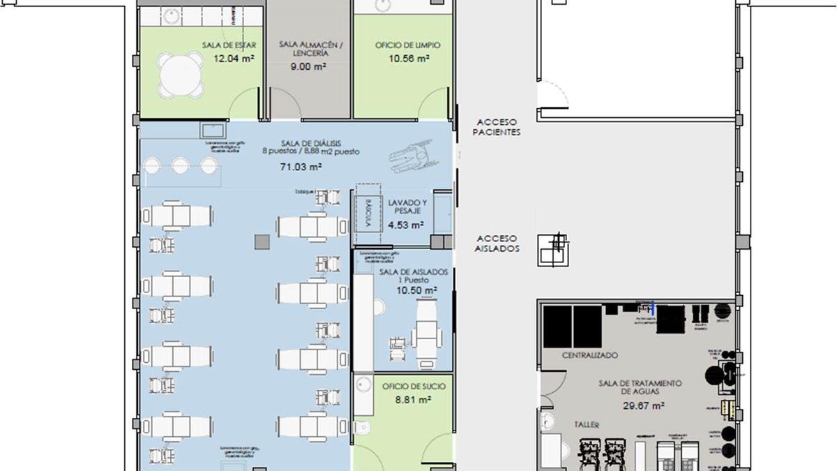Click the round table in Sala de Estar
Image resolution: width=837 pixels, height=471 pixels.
pos(181,75)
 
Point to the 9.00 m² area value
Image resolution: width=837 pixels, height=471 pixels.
pos(309,67)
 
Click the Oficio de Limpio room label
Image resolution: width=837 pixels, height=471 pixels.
pos(407,45)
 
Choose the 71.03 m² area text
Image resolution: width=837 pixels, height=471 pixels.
pos(301,167)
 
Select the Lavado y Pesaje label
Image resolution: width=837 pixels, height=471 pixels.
pos(407,206)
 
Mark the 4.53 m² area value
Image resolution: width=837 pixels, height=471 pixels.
pos(407,225)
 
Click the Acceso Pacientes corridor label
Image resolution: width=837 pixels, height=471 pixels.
pos(496,126)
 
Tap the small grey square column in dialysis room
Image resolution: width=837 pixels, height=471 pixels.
pos(261,241)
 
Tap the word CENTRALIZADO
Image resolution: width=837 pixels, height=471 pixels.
pos(590,355)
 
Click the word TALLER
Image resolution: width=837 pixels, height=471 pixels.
pos(587,424)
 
